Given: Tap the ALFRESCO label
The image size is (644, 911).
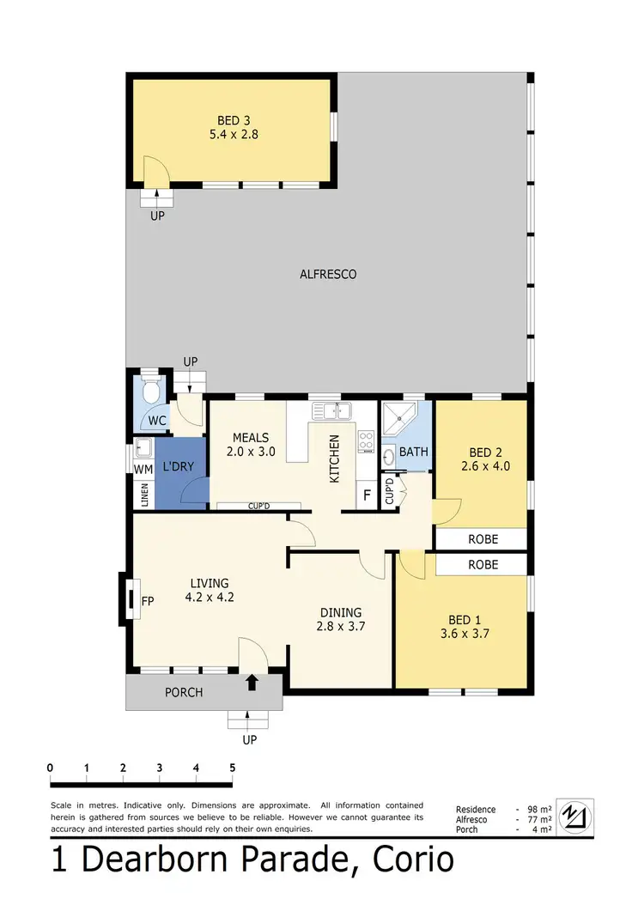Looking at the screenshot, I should click(327, 275).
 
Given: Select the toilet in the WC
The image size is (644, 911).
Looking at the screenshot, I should click(152, 391).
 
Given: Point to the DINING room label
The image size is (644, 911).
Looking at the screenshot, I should click(341, 612).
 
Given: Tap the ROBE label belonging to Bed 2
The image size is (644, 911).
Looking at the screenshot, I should click(482, 540).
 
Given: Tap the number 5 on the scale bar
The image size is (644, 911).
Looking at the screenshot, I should click(233, 767).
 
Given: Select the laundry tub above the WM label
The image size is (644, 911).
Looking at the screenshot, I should click(143, 447).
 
